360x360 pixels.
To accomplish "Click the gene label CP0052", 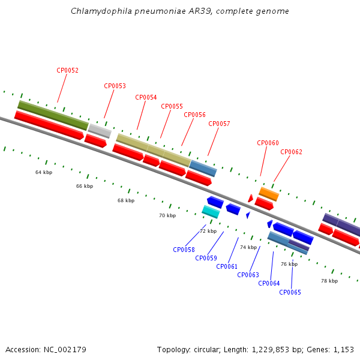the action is pyautogui.click(x=67, y=70).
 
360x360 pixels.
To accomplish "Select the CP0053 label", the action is pyautogui.click(x=115, y=86).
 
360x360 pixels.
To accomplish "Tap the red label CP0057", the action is pyautogui.click(x=219, y=124).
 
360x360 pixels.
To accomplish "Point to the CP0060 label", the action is pyautogui.click(x=268, y=143).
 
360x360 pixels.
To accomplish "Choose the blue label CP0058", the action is pyautogui.click(x=184, y=250).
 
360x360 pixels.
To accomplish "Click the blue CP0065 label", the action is pyautogui.click(x=290, y=292).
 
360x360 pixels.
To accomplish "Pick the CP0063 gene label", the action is pyautogui.click(x=248, y=275).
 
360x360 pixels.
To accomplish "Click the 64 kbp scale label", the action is pyautogui.click(x=44, y=172).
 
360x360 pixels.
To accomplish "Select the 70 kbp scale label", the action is pyautogui.click(x=167, y=215).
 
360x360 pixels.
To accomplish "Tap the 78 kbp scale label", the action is pyautogui.click(x=329, y=281).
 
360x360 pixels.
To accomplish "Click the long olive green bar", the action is pyautogui.click(x=53, y=115).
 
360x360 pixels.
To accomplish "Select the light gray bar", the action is pyautogui.click(x=100, y=131).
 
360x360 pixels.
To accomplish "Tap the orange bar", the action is pyautogui.click(x=269, y=194).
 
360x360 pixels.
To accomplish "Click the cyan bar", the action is pyautogui.click(x=211, y=212).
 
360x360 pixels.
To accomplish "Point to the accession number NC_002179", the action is pyautogui.click(x=65, y=350).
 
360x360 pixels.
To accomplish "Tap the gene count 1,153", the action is pyautogui.click(x=343, y=350).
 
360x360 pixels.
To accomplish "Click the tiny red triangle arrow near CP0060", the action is pyautogui.click(x=250, y=198).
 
